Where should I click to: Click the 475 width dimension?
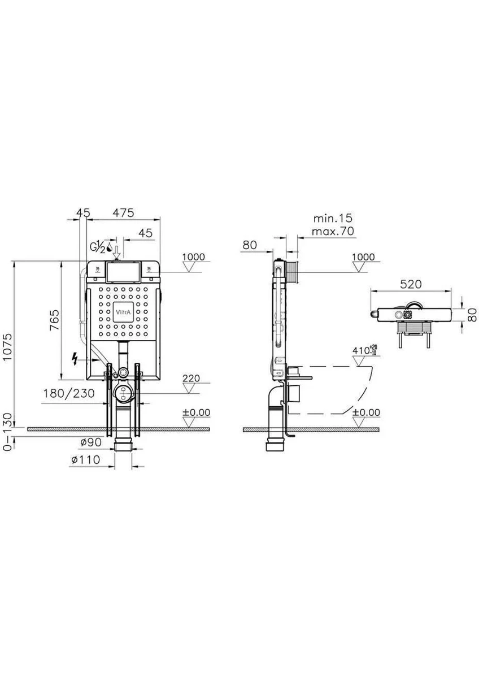coord(123,213)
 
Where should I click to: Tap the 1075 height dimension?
coord(7,346)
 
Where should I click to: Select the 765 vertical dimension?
coord(54,320)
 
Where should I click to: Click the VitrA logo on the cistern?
coord(123,312)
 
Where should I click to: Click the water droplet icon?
coord(109,248)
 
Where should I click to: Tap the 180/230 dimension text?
coord(69,393)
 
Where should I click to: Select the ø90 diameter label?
coord(91,442)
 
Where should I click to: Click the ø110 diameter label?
coord(86,460)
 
